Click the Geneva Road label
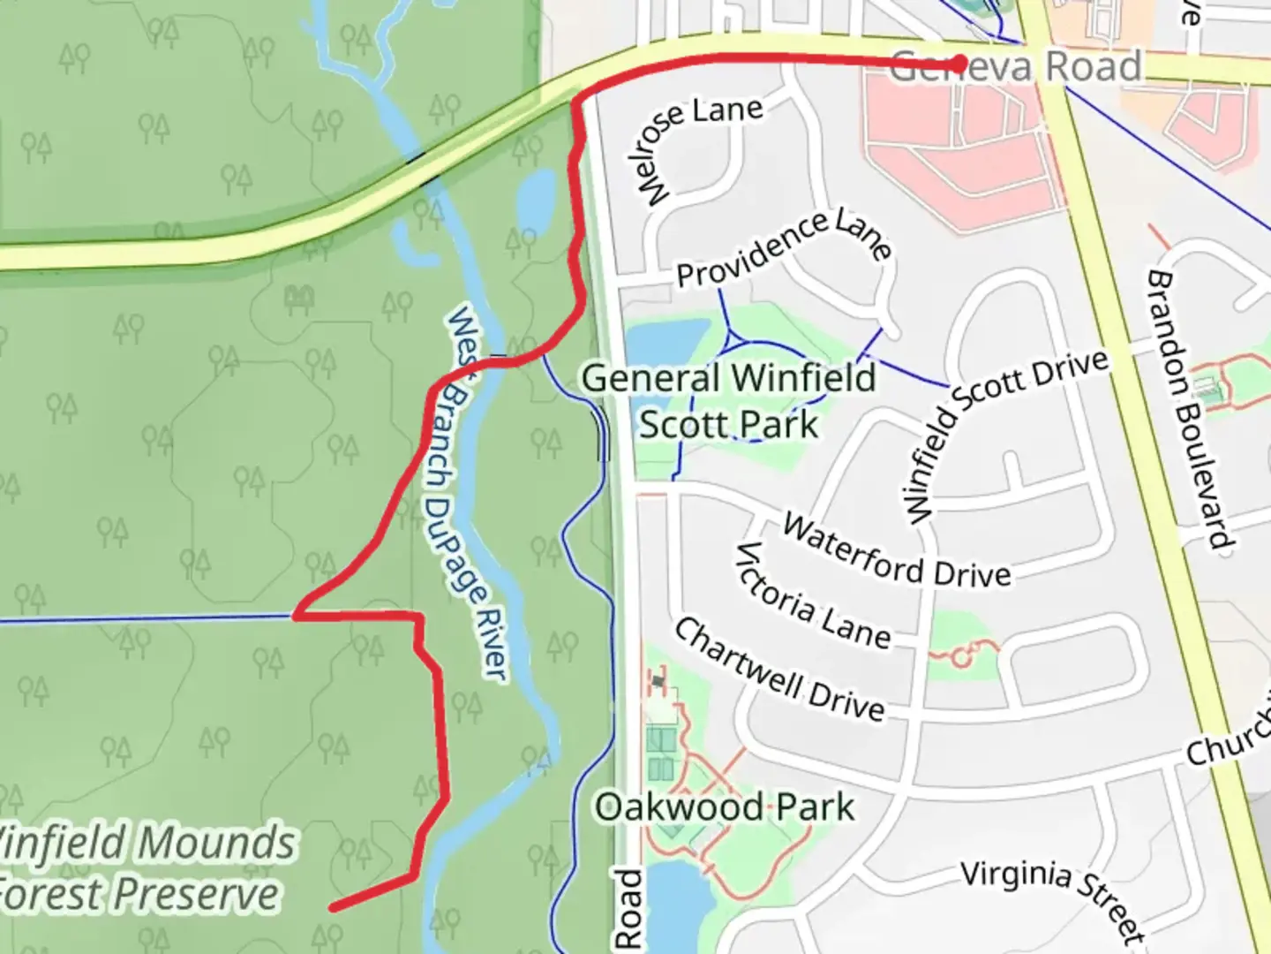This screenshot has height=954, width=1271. tap(1015, 67)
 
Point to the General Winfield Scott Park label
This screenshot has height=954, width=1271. tap(729, 401)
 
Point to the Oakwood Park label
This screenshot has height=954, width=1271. tap(724, 807)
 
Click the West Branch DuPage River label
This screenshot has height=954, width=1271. tap(478, 494)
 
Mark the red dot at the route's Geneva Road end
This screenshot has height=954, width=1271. tap(960, 63)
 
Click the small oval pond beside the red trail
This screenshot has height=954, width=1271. tap(536, 199)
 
